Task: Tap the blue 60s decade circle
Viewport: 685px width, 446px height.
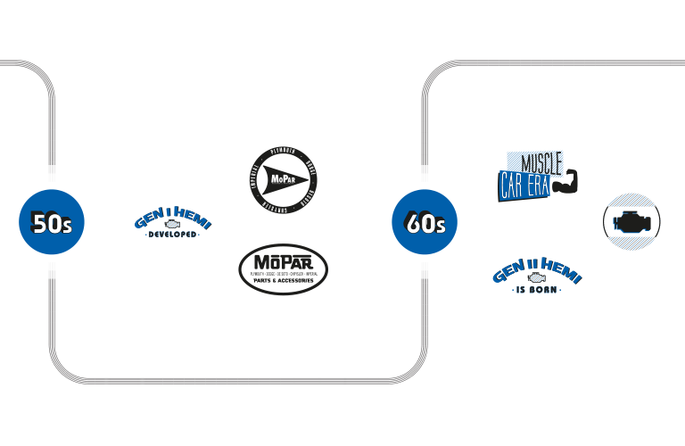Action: tap(425, 222)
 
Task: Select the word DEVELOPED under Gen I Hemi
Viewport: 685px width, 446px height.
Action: tap(172, 235)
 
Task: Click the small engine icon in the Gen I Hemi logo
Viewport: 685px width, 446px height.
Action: tap(172, 225)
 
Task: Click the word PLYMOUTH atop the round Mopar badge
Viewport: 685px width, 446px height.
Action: tap(283, 151)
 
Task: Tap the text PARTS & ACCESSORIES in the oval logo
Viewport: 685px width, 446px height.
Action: tap(284, 281)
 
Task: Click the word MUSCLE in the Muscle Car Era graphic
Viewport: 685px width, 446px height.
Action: tap(541, 163)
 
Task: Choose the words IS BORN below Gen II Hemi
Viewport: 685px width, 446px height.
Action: tap(537, 292)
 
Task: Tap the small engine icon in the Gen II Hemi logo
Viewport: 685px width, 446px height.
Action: tap(537, 279)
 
